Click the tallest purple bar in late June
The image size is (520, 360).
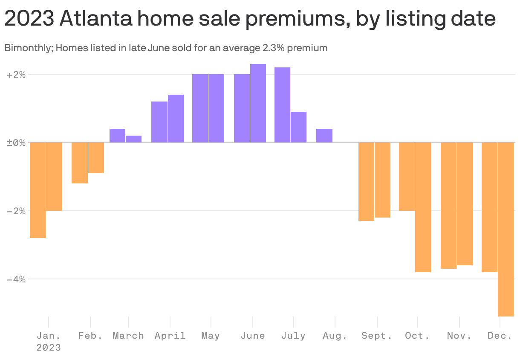[258, 103]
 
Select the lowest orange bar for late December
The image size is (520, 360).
[506, 229]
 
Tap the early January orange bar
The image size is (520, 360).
[38, 190]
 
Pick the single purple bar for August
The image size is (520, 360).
[324, 136]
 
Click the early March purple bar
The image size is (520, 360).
[117, 136]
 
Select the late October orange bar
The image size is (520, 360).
[423, 207]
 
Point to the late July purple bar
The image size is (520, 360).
[298, 127]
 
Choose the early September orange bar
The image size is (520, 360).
[366, 181]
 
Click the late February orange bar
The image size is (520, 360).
[96, 158]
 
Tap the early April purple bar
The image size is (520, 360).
[159, 122]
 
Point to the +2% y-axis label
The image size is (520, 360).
[16, 75]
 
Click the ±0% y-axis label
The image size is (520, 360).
[16, 142]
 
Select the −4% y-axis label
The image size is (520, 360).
[16, 279]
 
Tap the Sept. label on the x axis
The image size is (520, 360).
[377, 336]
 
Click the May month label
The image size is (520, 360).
[211, 336]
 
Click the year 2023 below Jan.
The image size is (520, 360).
[49, 348]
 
